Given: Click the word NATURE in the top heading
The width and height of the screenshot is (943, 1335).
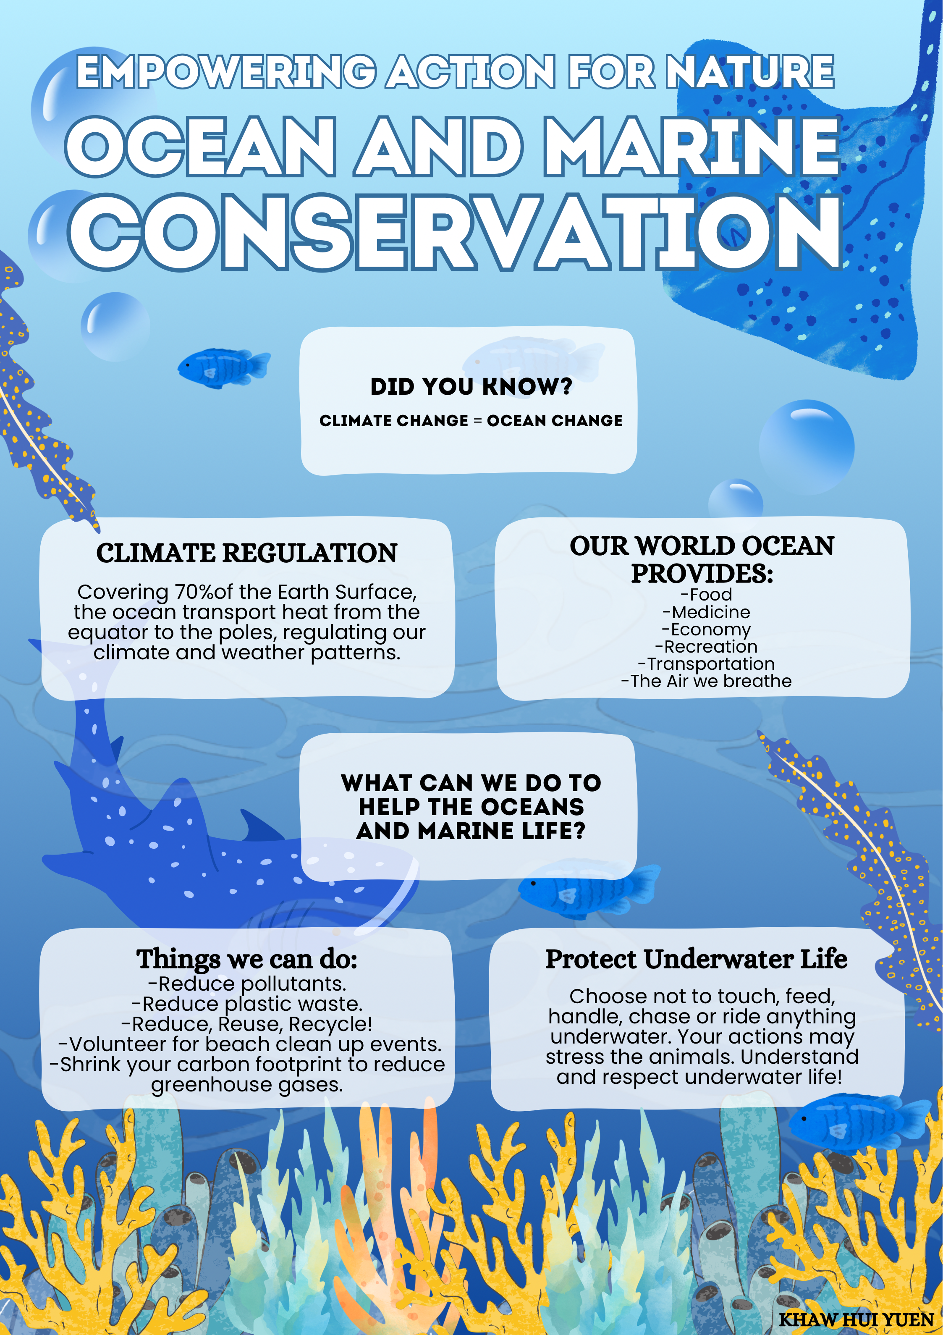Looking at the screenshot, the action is [750, 72].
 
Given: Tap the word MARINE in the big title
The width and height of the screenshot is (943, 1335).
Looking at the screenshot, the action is [692, 147].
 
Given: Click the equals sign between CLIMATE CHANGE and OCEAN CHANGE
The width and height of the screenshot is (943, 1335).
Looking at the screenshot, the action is [477, 421].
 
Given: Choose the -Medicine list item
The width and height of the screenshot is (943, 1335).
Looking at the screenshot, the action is [706, 612].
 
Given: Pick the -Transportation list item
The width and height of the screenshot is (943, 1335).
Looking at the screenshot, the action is [706, 664].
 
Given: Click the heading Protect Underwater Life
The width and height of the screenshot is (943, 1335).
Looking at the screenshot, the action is [697, 960].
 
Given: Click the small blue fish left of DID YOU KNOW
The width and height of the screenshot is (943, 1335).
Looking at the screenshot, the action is [224, 367].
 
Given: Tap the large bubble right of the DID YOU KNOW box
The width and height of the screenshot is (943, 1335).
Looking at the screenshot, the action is [807, 447].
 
